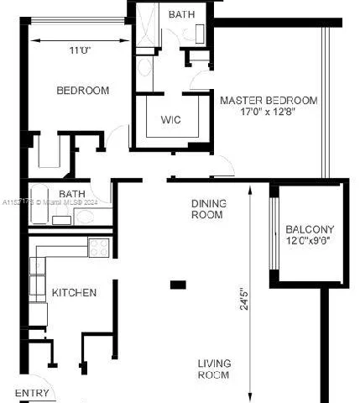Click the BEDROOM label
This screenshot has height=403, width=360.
[82, 91]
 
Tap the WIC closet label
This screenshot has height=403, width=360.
[170, 119]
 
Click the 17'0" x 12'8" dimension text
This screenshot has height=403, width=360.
[258, 111]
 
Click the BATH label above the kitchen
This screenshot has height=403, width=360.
[71, 194]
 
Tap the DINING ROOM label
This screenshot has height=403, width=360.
[207, 208]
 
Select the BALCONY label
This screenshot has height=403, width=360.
[310, 229]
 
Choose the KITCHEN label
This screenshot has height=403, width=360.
[74, 293]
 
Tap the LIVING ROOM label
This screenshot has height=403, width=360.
[213, 369]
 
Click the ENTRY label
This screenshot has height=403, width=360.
[32, 393]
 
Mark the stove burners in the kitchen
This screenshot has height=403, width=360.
[99, 248]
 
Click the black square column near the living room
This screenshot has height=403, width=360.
[177, 285]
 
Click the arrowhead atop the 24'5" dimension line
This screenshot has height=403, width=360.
[250, 189]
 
